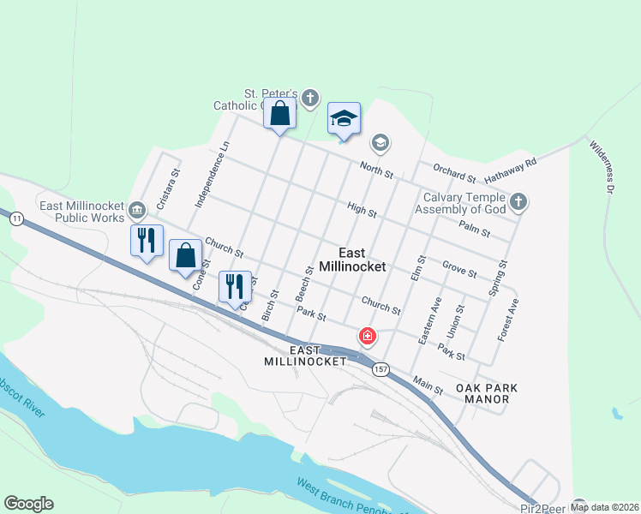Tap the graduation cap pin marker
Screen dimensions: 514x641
pos(344,120)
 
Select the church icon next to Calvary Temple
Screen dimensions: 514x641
pos(518,203)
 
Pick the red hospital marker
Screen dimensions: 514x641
pos(368,335)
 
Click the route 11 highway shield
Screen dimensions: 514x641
pos(16,219)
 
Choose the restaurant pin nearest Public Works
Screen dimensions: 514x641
pos(147,240)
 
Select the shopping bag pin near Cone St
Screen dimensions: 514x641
pos(186,256)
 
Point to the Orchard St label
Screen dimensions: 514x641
pos(454,173)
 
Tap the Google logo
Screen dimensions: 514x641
pos(28,504)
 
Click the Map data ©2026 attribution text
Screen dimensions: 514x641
pos(604,507)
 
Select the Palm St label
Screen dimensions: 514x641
pos(474,227)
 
